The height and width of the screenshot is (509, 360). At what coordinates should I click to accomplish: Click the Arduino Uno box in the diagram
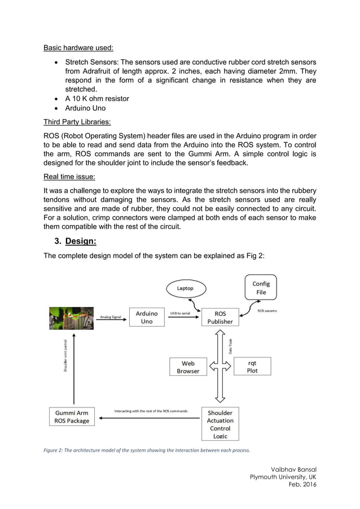click(x=147, y=317)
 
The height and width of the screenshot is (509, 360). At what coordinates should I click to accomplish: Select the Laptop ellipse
click(x=185, y=288)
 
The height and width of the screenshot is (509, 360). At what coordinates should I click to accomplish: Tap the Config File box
click(x=261, y=288)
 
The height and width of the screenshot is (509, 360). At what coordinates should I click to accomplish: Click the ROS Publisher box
click(x=220, y=317)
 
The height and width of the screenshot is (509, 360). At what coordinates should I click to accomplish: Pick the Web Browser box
click(x=188, y=367)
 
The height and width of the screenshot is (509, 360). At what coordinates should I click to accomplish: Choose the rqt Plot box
click(x=252, y=367)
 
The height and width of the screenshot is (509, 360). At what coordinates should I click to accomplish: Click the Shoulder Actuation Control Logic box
click(x=220, y=424)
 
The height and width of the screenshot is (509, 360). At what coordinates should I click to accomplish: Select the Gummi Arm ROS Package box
click(x=72, y=417)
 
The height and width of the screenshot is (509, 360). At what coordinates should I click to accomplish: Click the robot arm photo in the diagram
click(x=71, y=318)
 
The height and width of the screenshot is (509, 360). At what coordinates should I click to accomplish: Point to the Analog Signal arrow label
click(x=111, y=317)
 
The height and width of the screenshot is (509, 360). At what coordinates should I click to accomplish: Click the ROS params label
click(x=267, y=311)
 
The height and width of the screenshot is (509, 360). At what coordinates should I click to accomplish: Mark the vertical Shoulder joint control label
click(x=66, y=356)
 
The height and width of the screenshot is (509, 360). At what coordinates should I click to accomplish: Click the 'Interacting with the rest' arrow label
click(x=151, y=411)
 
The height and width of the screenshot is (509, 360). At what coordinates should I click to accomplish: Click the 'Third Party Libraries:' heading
click(x=77, y=121)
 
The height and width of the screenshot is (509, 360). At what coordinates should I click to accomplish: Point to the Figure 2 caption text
click(x=146, y=450)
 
